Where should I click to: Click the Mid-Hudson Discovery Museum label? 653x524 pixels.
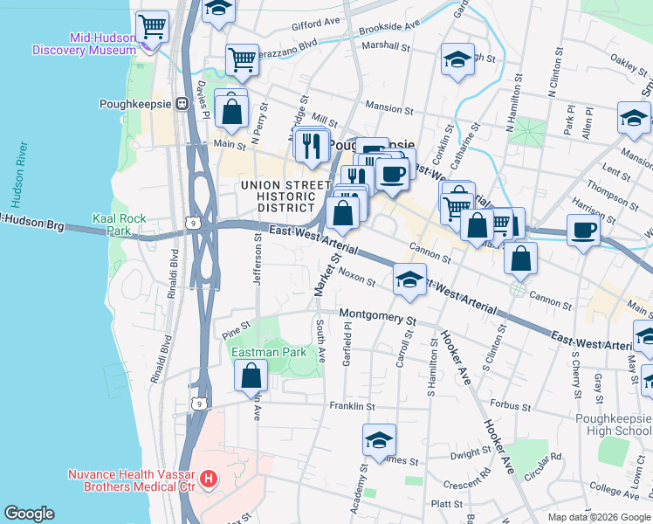click(x=85, y=44)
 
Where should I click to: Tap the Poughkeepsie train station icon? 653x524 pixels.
click(x=182, y=103)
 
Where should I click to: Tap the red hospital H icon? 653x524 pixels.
click(x=209, y=478)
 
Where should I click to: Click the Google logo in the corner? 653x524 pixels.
click(x=29, y=514)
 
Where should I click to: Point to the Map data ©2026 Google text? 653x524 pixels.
click(x=598, y=517)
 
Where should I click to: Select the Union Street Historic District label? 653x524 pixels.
click(x=278, y=196)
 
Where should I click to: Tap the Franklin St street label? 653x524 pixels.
click(x=352, y=406)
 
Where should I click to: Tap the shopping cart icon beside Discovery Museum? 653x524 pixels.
click(x=153, y=26)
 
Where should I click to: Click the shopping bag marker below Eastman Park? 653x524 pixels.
click(x=251, y=376)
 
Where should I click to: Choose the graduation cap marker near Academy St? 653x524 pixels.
click(x=380, y=439)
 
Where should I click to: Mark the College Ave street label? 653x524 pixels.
click(x=615, y=486)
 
